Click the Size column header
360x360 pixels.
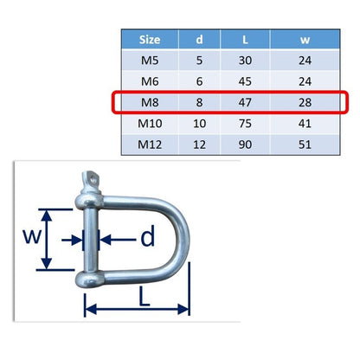pos(150,40)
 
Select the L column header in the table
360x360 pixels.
pos(245,40)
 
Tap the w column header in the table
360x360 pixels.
pos(305,40)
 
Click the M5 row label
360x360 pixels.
pos(150,61)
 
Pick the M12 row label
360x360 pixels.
pos(150,145)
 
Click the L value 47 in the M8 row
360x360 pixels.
pos(245,102)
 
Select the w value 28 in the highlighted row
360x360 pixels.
pos(305,102)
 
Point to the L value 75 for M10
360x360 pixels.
pos(245,124)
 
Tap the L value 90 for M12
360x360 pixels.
pos(245,145)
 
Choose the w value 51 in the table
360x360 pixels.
pos(305,145)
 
